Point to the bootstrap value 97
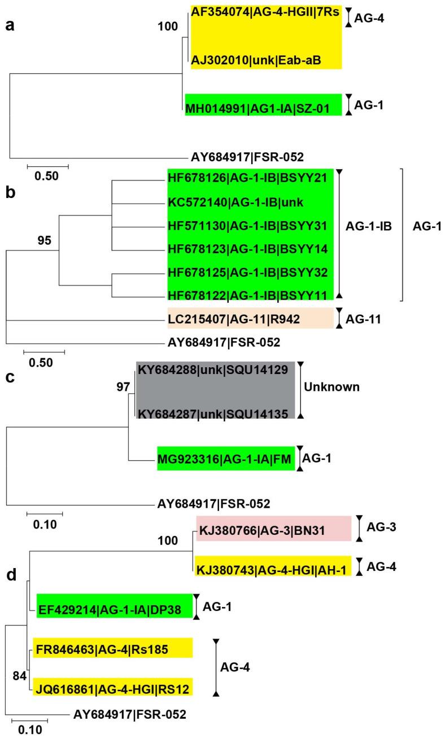click(x=122, y=386)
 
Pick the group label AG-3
click(x=382, y=529)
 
